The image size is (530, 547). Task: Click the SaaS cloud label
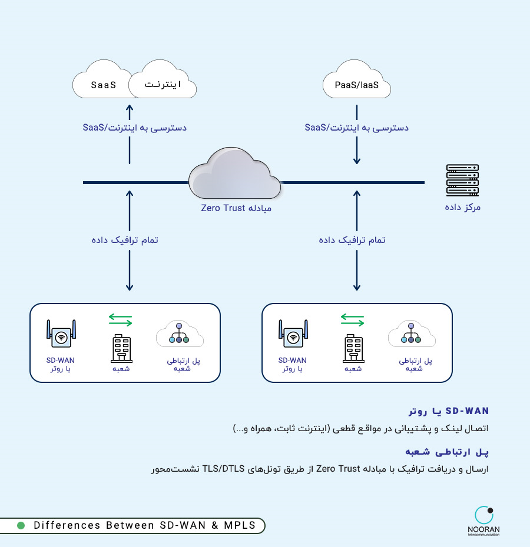click(104, 85)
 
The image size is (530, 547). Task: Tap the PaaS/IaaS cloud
click(356, 79)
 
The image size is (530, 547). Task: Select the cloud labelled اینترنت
click(163, 79)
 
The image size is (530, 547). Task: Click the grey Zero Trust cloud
click(234, 173)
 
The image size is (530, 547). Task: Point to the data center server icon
click(462, 180)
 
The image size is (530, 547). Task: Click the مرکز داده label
click(462, 207)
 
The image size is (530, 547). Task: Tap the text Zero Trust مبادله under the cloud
click(236, 208)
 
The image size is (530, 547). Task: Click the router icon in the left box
click(61, 333)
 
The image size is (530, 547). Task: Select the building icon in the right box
click(353, 348)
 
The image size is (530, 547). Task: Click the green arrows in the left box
click(121, 320)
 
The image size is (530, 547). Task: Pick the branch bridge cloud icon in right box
click(412, 334)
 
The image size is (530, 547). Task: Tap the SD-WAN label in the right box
click(292, 361)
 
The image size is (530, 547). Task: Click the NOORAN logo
click(484, 521)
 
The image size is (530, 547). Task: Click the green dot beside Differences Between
click(21, 525)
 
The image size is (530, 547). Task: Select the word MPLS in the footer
click(240, 525)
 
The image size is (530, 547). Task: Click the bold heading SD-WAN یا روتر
click(449, 411)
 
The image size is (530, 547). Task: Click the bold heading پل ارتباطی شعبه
click(447, 452)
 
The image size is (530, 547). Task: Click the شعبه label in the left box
click(121, 369)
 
